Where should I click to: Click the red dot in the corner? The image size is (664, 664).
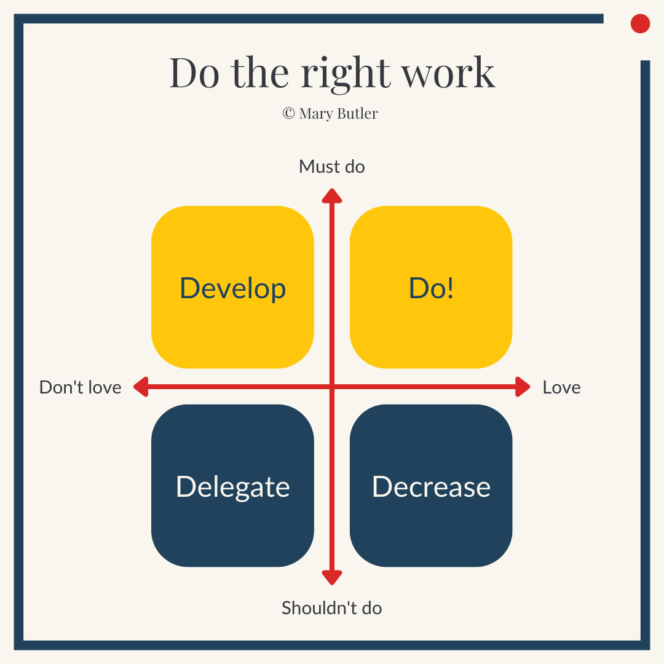coord(640,23)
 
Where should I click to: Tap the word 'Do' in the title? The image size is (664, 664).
coord(194,73)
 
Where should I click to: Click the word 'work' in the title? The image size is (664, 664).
coord(448,73)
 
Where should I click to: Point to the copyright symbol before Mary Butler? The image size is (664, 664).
coord(288,113)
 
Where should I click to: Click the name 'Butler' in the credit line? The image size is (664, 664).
coord(357,113)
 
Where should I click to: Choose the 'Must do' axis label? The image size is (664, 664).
coord(331,167)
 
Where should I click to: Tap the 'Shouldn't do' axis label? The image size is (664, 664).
coord(331,608)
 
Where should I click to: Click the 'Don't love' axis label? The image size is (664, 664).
coord(81,387)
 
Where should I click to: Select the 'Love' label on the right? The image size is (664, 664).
coord(561,387)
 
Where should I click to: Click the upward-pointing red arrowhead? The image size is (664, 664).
coord(332,196)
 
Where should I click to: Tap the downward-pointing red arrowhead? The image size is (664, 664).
coord(332,577)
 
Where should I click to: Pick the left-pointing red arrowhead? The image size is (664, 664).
coord(141,387)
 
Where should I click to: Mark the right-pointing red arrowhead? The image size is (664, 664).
coord(523,387)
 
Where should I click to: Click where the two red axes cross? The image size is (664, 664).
coord(332,387)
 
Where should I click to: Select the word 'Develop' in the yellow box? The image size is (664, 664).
coord(232,288)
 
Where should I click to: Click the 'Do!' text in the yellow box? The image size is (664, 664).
coord(431,288)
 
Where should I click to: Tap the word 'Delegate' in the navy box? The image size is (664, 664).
coord(232,487)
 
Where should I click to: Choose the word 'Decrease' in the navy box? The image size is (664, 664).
coord(431,487)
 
